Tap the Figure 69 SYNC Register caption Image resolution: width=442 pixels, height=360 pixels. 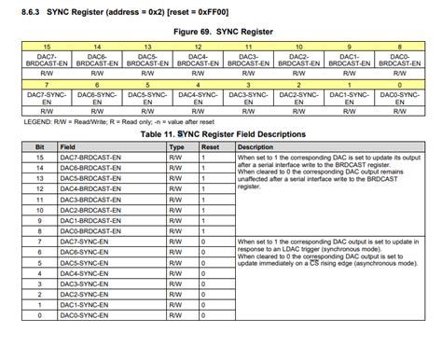(x=220, y=31)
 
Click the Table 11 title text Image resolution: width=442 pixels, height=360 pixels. (x=221, y=134)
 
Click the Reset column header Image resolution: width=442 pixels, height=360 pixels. (x=211, y=147)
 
